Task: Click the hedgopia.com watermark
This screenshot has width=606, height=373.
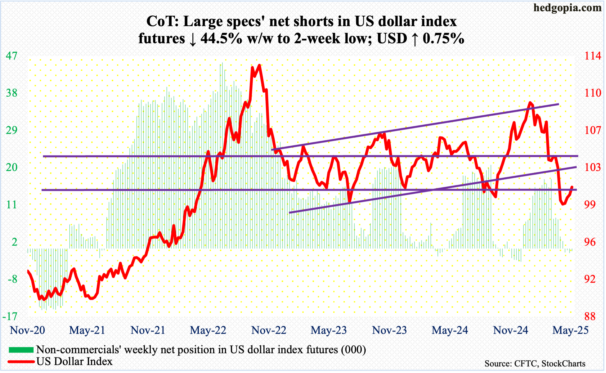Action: (x=567, y=8)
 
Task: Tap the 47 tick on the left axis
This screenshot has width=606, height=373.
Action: (x=12, y=56)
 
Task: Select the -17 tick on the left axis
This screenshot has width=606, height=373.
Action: (x=10, y=316)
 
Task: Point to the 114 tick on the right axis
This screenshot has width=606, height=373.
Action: (x=593, y=56)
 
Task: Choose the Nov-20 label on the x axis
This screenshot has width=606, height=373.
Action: (x=27, y=330)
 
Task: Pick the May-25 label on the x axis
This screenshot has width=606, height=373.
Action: (x=570, y=330)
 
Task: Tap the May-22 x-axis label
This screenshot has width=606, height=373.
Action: (x=208, y=330)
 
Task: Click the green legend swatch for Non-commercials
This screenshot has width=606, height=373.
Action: (x=21, y=350)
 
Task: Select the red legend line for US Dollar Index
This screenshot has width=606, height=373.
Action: (x=21, y=361)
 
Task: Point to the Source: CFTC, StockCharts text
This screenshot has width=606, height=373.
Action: (x=535, y=363)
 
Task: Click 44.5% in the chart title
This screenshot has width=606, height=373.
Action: (x=221, y=38)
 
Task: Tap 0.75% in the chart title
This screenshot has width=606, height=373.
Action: (x=443, y=38)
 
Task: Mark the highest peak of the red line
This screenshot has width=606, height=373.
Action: (x=259, y=65)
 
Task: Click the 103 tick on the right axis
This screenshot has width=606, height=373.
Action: (x=593, y=167)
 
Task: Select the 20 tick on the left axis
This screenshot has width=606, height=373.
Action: (x=12, y=167)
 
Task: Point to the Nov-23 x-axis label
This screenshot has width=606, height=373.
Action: (x=389, y=330)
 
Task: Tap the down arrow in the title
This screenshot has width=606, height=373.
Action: (x=193, y=39)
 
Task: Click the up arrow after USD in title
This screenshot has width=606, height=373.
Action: (x=415, y=39)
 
